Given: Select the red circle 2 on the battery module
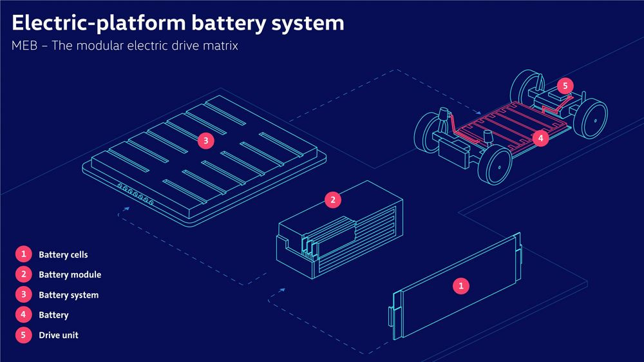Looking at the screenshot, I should [332, 200].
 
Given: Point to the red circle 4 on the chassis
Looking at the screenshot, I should [541, 137].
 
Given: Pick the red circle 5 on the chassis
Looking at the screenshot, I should [564, 86].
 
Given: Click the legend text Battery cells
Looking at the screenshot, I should [63, 254].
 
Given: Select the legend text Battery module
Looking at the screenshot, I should [70, 274].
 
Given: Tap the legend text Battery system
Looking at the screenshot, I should [68, 295].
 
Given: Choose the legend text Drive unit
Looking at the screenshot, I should [58, 336].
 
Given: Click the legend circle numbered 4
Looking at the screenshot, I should [23, 315].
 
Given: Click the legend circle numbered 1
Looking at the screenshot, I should [23, 254].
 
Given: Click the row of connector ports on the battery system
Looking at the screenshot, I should [136, 195].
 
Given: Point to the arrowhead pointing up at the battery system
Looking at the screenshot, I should [127, 209].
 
